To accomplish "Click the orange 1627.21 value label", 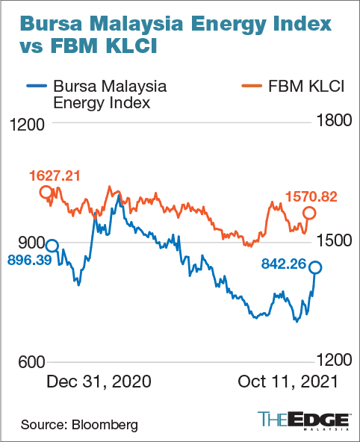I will (x=55, y=176).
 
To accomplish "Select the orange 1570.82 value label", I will (x=311, y=197).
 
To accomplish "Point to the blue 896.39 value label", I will (x=31, y=260).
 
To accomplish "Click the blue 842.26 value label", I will (x=290, y=263).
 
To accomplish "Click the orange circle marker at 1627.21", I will (x=46, y=192).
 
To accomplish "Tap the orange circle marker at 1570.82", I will (x=309, y=214).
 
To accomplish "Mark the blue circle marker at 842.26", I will (x=316, y=267).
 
